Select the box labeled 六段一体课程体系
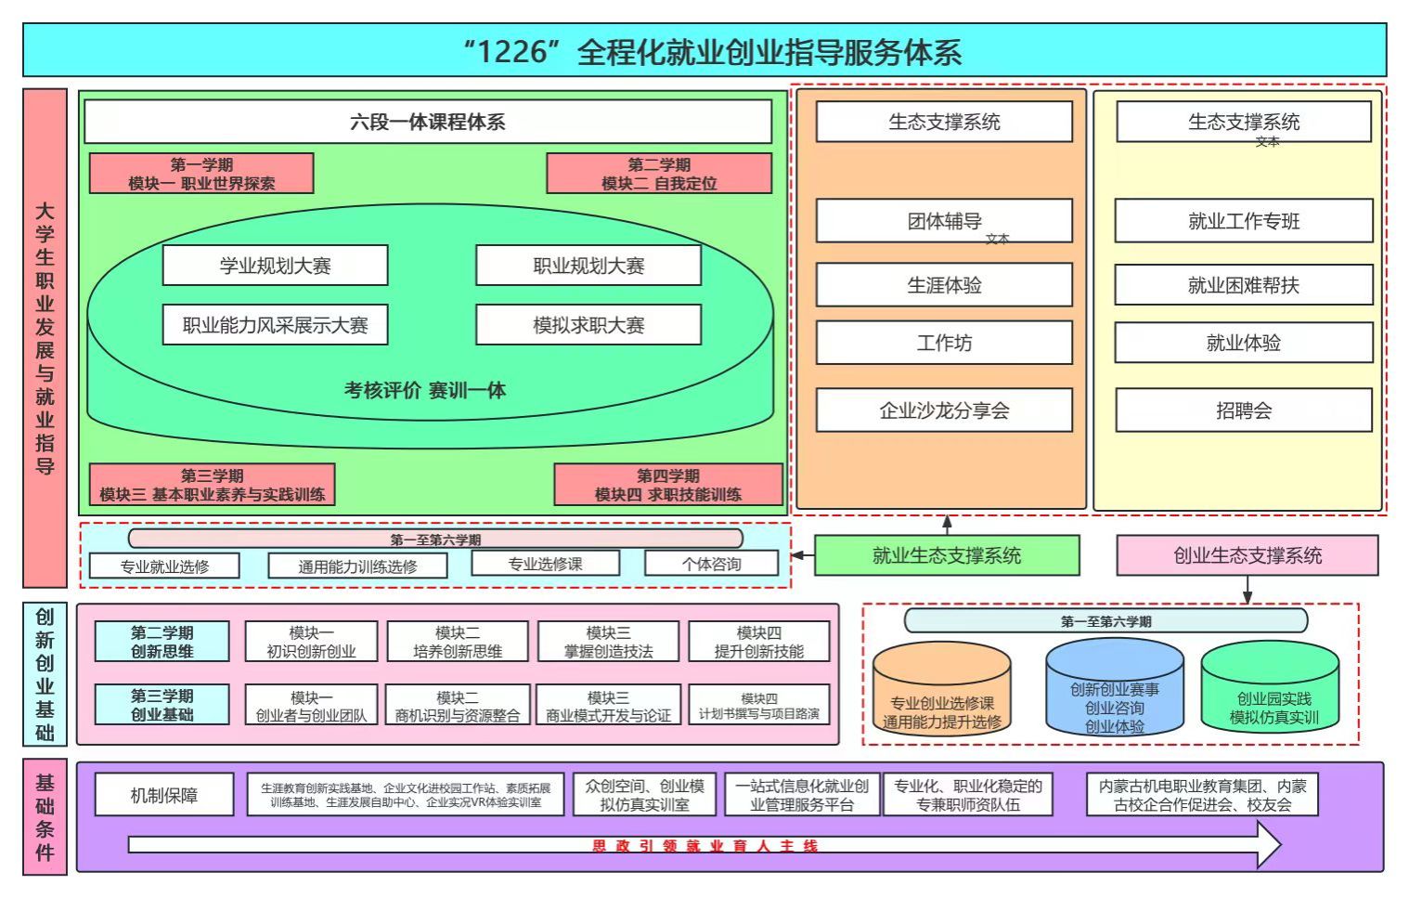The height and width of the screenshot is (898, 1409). (x=427, y=122)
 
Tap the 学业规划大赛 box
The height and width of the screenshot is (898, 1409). (x=275, y=266)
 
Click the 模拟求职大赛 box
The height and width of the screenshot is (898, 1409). (x=588, y=325)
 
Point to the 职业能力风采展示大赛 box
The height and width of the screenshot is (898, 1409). (x=275, y=325)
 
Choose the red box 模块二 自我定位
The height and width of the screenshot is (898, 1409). (x=658, y=174)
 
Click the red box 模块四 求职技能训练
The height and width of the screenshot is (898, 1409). (x=667, y=485)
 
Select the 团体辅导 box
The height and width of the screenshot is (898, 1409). (x=943, y=221)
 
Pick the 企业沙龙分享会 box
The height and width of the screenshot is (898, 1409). (x=943, y=410)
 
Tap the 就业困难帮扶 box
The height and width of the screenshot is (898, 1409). (x=1243, y=285)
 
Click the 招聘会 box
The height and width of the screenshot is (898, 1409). (x=1243, y=410)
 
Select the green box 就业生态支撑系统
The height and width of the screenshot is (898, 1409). (x=946, y=555)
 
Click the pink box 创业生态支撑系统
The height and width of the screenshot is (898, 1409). (x=1247, y=555)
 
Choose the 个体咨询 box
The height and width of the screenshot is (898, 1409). (x=711, y=564)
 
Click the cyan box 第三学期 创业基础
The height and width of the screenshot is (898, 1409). (x=162, y=705)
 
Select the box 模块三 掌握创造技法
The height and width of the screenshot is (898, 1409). (x=608, y=642)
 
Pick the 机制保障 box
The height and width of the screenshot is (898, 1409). (x=163, y=796)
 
